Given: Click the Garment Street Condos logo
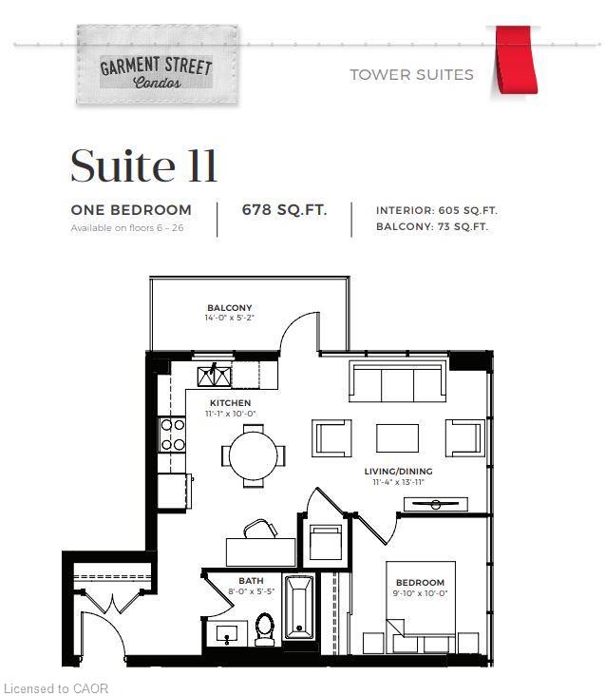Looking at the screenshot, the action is click(x=157, y=65).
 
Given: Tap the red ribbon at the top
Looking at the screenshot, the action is click(x=516, y=60).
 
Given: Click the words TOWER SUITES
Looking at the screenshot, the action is click(x=412, y=74).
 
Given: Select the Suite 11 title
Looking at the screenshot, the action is click(x=143, y=165).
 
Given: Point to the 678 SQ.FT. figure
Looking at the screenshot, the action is click(x=285, y=209).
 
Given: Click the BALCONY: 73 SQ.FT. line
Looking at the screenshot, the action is click(x=432, y=226).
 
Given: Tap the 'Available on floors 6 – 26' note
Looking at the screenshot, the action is click(x=127, y=227).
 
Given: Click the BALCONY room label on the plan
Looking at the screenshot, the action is click(x=230, y=308).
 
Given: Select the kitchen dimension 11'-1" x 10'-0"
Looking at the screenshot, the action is click(x=231, y=414).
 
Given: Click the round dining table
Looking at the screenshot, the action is click(x=253, y=455).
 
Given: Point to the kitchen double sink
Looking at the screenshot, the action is click(x=215, y=377).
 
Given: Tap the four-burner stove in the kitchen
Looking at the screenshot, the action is click(x=173, y=435).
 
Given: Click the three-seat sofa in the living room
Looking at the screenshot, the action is click(x=397, y=381).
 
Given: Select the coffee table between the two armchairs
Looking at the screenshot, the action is click(x=397, y=438).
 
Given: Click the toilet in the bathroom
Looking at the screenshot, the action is click(x=265, y=629).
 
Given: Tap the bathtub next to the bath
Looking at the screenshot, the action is click(x=299, y=607).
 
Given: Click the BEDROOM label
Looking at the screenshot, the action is click(x=420, y=582).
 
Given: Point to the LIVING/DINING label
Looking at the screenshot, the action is click(x=399, y=472).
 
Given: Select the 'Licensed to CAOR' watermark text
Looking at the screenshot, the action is click(x=56, y=688).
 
